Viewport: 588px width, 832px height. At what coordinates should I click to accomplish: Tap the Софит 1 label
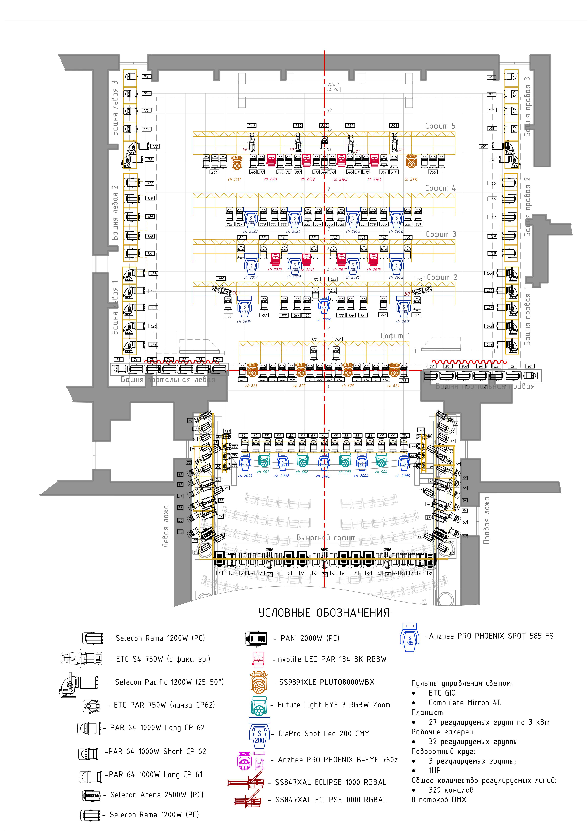[395, 336]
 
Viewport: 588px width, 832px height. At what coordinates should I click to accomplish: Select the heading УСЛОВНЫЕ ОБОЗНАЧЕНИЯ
[325, 613]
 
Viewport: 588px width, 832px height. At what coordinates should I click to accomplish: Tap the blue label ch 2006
[324, 320]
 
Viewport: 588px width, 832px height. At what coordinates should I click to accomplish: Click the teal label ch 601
[263, 472]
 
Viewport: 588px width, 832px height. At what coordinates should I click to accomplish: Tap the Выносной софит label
[326, 538]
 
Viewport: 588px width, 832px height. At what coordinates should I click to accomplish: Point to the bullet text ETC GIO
[442, 693]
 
